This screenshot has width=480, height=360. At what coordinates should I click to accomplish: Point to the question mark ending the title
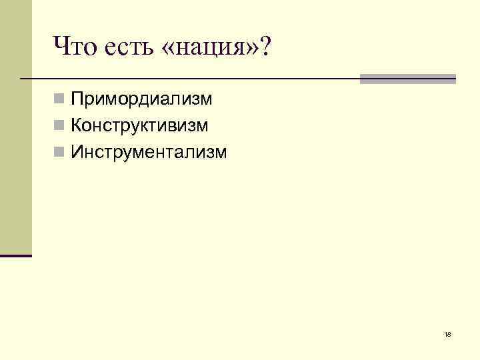coord(267,46)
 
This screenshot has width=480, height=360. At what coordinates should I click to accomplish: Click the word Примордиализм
coord(142,101)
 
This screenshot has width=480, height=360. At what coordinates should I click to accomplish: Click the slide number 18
coord(447,334)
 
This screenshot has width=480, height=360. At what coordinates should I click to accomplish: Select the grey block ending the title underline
coord(407,79)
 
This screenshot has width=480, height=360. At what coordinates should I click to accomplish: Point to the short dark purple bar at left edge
coord(15,255)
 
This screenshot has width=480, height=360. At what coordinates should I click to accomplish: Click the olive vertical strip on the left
coord(15,127)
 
